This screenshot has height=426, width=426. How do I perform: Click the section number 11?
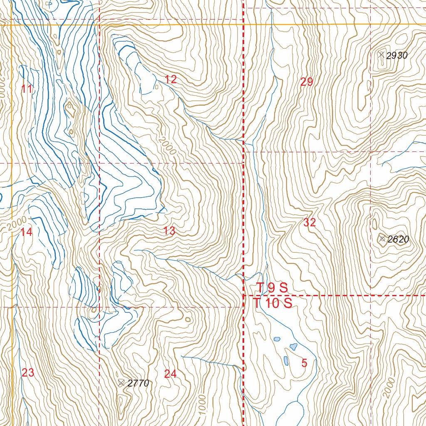pos(27,89)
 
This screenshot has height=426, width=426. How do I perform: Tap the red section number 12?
pos(171,79)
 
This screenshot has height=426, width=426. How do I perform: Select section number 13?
pos(169,231)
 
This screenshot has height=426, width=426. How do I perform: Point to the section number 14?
pos(26,232)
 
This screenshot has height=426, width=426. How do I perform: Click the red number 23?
pos(28,373)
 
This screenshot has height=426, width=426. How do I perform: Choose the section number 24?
pos(170,374)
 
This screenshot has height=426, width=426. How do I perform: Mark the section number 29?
pos(307,82)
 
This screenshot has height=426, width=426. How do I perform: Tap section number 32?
pos(310,223)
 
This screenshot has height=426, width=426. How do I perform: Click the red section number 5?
pos(304,363)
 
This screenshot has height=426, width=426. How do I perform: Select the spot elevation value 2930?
pos(397,56)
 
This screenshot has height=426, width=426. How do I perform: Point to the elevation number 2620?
pos(398,239)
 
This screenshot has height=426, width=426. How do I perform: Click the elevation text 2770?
pos(138,384)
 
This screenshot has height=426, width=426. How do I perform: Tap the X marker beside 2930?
pos(381,54)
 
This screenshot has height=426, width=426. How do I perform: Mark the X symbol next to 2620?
pos(382,238)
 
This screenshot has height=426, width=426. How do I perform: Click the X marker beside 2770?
pos(121,383)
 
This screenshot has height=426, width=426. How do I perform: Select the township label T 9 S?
pos(272,287)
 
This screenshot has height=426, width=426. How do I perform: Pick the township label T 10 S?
pos(273,304)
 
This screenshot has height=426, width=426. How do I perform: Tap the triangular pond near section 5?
pos(294,347)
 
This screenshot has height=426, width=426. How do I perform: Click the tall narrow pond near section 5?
pos(286,360)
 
